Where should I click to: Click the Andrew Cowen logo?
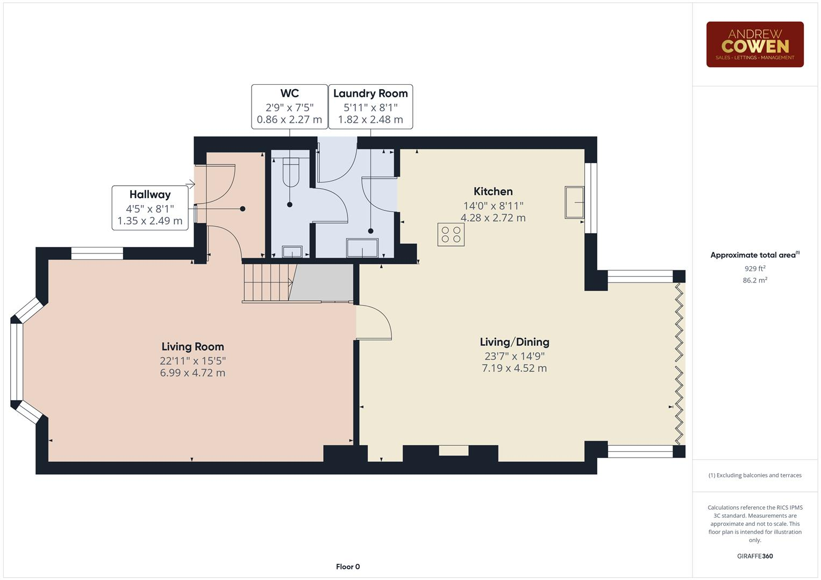tap(754, 45)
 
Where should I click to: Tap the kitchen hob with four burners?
tap(451, 235)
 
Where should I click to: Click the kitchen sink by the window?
tap(574, 202)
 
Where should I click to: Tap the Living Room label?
tap(192, 347)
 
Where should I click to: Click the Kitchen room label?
tap(493, 192)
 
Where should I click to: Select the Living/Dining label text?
tap(515, 342)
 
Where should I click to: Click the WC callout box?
tap(289, 106)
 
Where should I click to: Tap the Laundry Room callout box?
tap(370, 106)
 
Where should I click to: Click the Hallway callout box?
tap(150, 208)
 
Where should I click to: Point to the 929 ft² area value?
tap(754, 269)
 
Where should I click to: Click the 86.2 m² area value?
tap(754, 280)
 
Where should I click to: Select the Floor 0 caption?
tap(348, 567)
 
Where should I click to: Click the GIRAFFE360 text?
tap(754, 556)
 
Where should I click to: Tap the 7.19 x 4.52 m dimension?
tap(515, 368)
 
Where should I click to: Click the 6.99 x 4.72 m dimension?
tap(192, 373)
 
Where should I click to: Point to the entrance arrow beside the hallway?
tap(190, 185)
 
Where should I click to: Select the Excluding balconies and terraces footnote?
tap(754, 475)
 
